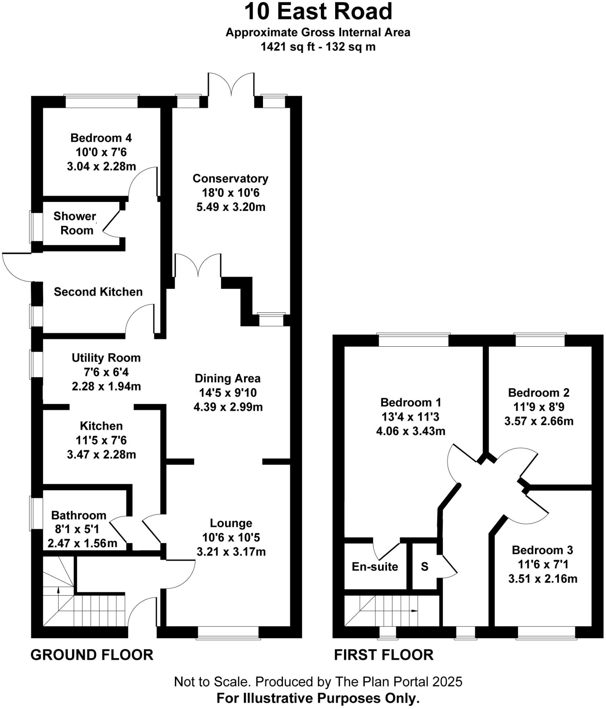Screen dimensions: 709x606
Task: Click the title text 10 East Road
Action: [318, 11]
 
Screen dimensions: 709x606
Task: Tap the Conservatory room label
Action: [230, 178]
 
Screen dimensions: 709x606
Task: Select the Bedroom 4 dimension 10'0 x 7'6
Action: [101, 152]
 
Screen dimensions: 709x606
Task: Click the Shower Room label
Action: [75, 223]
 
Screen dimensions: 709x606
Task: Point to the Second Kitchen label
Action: [98, 292]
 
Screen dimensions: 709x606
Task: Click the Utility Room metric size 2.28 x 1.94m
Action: [106, 386]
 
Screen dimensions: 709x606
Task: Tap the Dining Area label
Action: [228, 378]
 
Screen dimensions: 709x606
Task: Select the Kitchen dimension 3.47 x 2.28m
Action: [101, 455]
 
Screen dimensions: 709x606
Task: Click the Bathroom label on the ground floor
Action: [79, 515]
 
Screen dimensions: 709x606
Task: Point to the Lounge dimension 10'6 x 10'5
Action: [231, 537]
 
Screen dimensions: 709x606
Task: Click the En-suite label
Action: [375, 566]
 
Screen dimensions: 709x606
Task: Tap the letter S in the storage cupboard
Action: [424, 566]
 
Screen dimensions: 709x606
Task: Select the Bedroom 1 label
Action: [411, 402]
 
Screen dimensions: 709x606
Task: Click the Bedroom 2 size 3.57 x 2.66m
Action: [539, 421]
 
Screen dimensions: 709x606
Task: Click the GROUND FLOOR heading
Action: [92, 655]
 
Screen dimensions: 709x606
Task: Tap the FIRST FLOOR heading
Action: [384, 655]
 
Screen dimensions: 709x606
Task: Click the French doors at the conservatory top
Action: [231, 86]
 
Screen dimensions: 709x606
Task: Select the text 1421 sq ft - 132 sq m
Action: [318, 47]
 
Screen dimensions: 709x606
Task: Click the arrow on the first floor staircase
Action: [414, 611]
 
